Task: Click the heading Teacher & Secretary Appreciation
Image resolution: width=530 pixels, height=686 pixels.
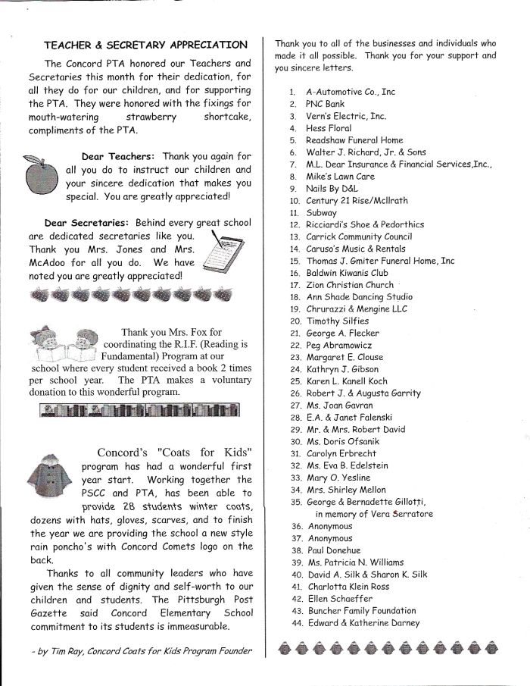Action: pos(145,45)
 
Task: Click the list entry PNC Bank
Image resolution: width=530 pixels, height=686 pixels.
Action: pos(325,104)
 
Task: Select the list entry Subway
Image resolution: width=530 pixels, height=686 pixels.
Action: pos(321,213)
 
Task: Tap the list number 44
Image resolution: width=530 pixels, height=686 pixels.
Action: pos(296,623)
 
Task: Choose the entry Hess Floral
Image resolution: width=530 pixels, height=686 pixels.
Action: pos(329,128)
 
